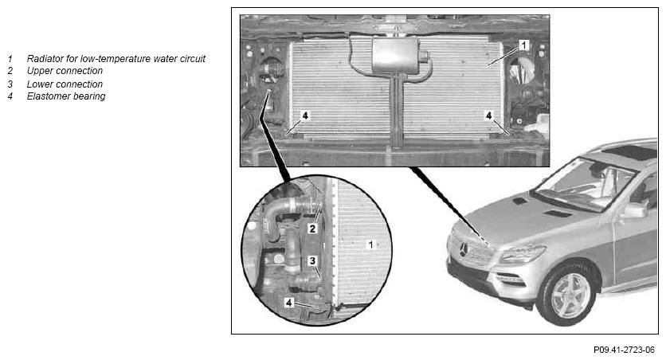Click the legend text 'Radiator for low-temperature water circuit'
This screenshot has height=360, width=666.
116,59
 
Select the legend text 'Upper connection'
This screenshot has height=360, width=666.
65,71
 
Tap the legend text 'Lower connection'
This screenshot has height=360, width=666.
65,84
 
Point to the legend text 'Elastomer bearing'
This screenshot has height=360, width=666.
66,96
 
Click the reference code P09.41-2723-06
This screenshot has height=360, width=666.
624,350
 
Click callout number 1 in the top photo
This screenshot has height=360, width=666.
523,45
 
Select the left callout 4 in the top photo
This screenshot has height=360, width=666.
304,115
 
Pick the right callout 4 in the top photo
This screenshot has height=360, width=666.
489,115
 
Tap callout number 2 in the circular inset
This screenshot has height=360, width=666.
312,229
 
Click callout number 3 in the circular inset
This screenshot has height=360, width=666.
312,260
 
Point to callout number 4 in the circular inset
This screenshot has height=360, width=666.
289,303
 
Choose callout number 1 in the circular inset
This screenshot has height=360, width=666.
370,245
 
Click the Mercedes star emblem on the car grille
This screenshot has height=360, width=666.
464,249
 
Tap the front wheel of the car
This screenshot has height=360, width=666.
567,294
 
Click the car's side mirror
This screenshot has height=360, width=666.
634,210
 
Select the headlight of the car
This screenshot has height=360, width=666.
523,255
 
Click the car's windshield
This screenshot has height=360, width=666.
584,184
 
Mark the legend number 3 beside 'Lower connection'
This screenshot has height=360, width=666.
10,84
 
